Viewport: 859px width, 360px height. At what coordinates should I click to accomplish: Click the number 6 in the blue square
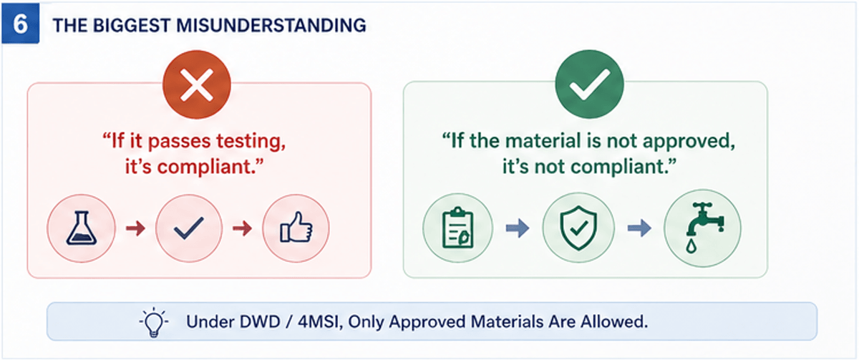(x=20, y=24)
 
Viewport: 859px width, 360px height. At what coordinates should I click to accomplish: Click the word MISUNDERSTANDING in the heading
(x=271, y=26)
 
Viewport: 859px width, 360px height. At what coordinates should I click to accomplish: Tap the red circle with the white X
(x=197, y=84)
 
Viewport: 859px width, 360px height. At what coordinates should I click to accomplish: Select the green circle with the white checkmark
(x=589, y=84)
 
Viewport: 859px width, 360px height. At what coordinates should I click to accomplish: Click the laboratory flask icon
(x=82, y=228)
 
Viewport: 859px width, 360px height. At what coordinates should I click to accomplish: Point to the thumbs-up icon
(x=296, y=228)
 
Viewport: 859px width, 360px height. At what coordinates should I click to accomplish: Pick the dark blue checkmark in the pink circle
(x=189, y=228)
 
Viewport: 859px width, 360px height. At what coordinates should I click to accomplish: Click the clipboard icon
(x=458, y=228)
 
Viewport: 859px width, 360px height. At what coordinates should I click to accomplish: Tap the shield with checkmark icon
(x=578, y=228)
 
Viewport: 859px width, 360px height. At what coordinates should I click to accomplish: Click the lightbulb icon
(x=154, y=322)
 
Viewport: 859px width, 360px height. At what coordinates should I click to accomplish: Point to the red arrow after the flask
(x=136, y=228)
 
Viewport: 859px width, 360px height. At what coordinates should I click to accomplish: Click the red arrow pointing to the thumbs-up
(x=243, y=228)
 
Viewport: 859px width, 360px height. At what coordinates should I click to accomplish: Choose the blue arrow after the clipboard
(x=518, y=228)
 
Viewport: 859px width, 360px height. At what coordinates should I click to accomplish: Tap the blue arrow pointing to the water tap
(x=639, y=228)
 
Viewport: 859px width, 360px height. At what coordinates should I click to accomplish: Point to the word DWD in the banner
(x=260, y=321)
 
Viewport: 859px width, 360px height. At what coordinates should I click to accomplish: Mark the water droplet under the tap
(x=691, y=245)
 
